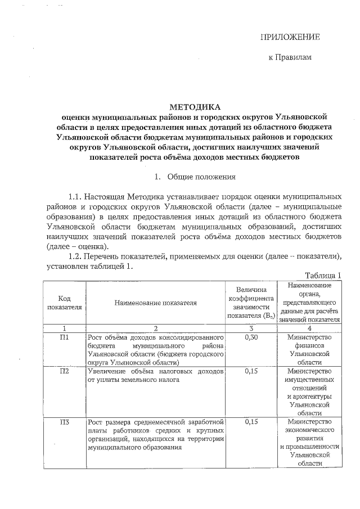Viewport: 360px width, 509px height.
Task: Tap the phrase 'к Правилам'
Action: click(290, 57)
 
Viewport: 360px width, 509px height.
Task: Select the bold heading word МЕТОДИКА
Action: click(195, 107)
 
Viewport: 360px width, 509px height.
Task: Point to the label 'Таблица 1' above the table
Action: click(323, 275)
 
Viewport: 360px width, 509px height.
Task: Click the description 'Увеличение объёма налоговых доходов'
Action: click(156, 376)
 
